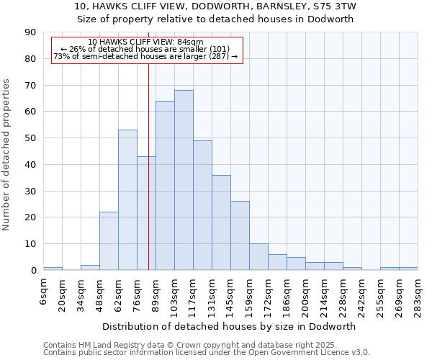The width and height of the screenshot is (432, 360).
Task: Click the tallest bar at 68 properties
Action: [184, 180]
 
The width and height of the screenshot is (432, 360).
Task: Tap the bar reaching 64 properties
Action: [165, 185]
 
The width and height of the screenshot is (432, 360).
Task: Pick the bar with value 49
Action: [202, 205]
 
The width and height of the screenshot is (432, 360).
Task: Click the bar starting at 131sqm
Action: [221, 222]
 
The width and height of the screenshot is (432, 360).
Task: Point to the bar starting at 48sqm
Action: [109, 241]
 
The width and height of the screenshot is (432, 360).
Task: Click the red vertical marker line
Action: [148, 180]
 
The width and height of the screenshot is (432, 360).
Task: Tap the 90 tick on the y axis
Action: [30, 32]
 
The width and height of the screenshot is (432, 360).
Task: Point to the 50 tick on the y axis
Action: [30, 138]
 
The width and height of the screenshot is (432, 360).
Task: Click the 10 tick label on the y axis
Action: [30, 244]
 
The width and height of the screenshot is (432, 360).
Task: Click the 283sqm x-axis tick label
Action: [418, 292]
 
